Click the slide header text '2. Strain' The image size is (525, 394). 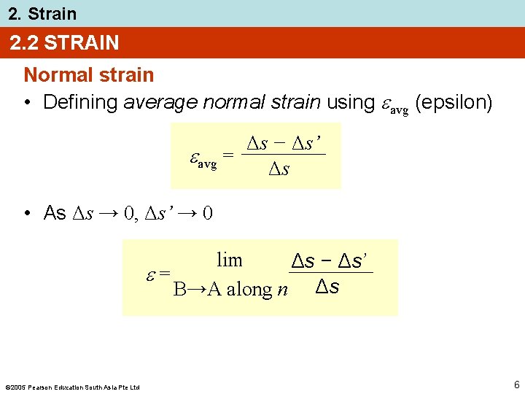pos(42,13)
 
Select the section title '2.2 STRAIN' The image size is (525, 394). pos(64,43)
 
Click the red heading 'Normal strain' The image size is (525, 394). pos(89,75)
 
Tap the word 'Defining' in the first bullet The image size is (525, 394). pos(80,102)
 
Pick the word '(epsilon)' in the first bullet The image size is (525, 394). pos(454,102)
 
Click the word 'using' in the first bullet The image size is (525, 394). pos(350,102)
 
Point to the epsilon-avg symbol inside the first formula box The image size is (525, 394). pos(203,159)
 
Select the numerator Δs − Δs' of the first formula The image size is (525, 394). pos(284,142)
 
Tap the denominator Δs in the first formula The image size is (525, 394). pos(279,170)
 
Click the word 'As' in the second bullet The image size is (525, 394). pos(55,213)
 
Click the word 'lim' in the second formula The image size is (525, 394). pos(229,260)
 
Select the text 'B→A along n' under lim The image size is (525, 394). pos(230,290)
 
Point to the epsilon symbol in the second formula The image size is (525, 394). pos(152,274)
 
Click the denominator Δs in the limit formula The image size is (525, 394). pos(327,287)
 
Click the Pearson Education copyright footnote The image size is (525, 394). pos(72,387)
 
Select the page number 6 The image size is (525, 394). pos(516,385)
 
